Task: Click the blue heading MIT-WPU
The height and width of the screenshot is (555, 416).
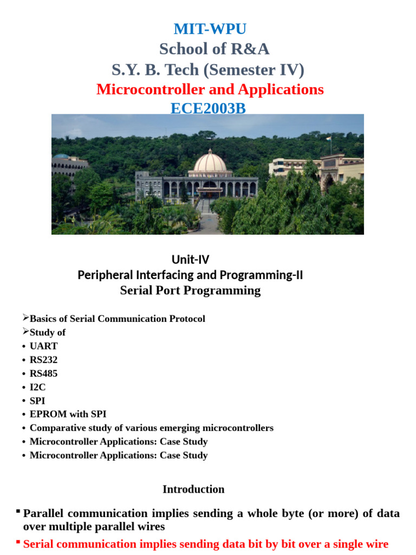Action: coord(210,29)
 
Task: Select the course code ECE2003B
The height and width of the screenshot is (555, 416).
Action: coord(208,108)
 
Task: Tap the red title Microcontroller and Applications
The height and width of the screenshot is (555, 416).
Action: coord(210,89)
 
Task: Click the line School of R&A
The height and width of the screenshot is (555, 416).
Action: coord(214,49)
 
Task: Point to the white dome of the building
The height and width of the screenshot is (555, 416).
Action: coord(210,161)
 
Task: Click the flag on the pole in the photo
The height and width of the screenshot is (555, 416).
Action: coord(328,138)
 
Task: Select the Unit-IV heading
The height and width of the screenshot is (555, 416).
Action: coord(190,260)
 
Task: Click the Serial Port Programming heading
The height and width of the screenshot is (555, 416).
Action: coord(190,291)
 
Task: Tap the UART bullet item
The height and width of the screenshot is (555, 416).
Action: coord(43,346)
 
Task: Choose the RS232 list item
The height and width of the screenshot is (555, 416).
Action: coord(43,359)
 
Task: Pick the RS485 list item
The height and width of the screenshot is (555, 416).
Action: coord(43,373)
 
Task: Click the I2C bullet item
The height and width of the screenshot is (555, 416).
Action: coord(37,387)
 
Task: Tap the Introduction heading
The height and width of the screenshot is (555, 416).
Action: coord(193,489)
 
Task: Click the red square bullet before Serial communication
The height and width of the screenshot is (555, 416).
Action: coord(18,541)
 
